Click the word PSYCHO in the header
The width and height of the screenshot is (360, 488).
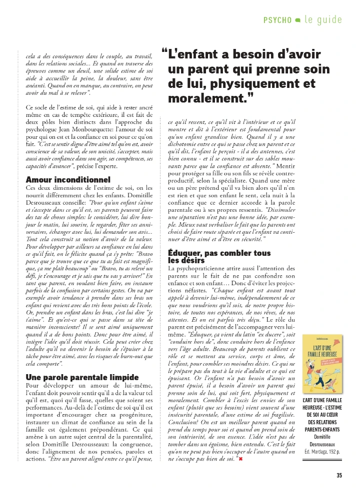tap(277, 20)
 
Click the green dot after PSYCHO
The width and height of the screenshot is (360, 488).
tap(298, 20)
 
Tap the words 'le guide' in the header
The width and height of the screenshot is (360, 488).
tap(323, 20)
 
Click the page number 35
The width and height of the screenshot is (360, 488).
tap(339, 475)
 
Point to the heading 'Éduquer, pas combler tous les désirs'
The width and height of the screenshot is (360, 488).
tap(219, 257)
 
